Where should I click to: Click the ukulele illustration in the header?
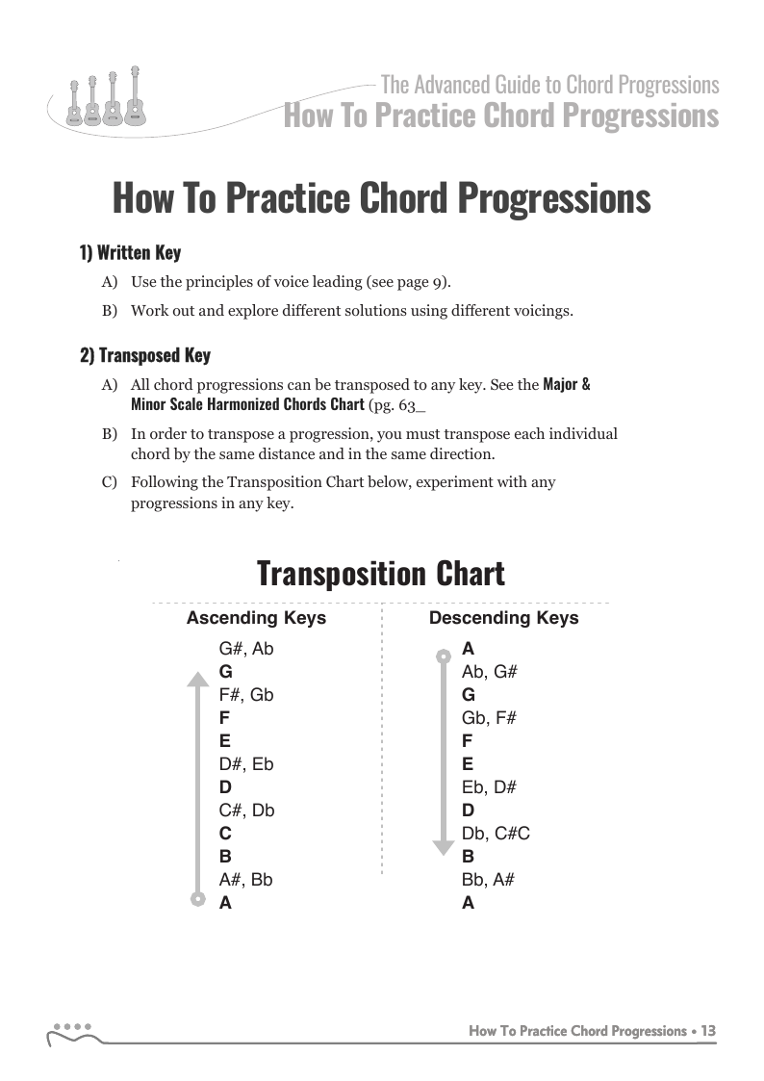(x=100, y=100)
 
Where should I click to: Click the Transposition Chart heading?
(x=381, y=574)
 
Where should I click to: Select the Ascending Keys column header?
(x=256, y=618)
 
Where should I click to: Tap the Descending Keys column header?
(x=503, y=618)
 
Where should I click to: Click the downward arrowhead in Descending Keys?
(x=443, y=847)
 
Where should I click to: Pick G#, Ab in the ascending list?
(x=246, y=649)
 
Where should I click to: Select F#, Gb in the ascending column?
(x=246, y=695)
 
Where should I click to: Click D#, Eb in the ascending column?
(x=246, y=764)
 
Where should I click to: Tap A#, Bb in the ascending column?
(x=246, y=880)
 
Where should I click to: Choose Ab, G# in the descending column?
(x=490, y=672)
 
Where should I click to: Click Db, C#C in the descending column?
(x=496, y=834)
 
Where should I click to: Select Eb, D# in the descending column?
(x=489, y=787)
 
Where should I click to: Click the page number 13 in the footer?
(x=708, y=1031)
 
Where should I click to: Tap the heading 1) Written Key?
(x=130, y=253)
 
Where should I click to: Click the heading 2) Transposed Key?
(x=144, y=356)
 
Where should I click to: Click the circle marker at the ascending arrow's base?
(x=197, y=900)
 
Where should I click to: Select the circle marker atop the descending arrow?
(x=443, y=656)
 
